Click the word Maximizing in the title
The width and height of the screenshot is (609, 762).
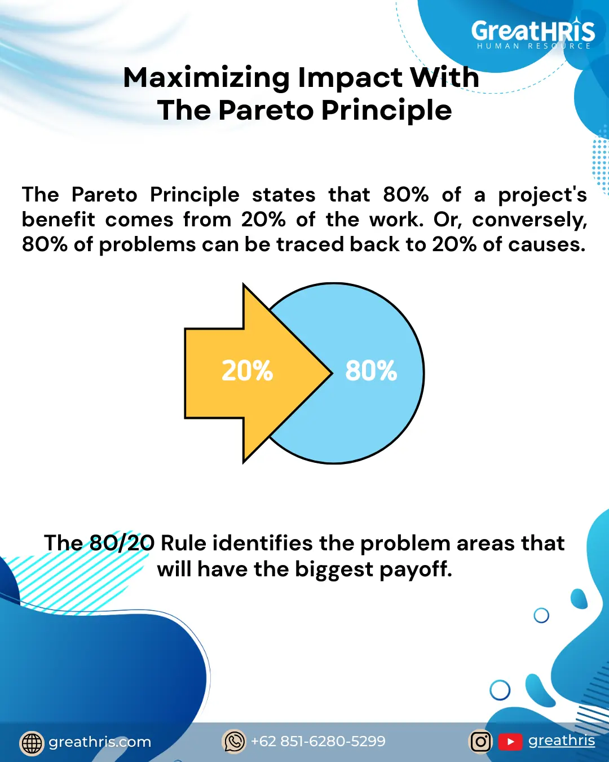(206, 78)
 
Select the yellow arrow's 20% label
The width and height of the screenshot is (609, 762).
(247, 371)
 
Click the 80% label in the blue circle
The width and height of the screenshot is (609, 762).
(371, 371)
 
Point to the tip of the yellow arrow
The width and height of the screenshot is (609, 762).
(332, 373)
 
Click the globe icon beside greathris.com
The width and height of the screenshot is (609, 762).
(32, 742)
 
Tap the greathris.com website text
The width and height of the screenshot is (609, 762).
(100, 742)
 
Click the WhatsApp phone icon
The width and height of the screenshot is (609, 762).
(234, 741)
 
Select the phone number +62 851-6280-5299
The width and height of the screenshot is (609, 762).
(318, 741)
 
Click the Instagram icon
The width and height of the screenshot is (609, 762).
(480, 742)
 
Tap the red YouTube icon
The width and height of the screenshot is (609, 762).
(510, 742)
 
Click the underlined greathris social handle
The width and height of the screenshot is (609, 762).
(562, 741)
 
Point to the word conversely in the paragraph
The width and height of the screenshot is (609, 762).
(529, 220)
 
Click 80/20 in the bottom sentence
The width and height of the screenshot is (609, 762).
(122, 542)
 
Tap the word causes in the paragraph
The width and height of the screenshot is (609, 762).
(547, 244)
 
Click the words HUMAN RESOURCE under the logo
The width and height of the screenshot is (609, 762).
(534, 46)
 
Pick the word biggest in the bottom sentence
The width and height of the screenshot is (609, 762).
(334, 570)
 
